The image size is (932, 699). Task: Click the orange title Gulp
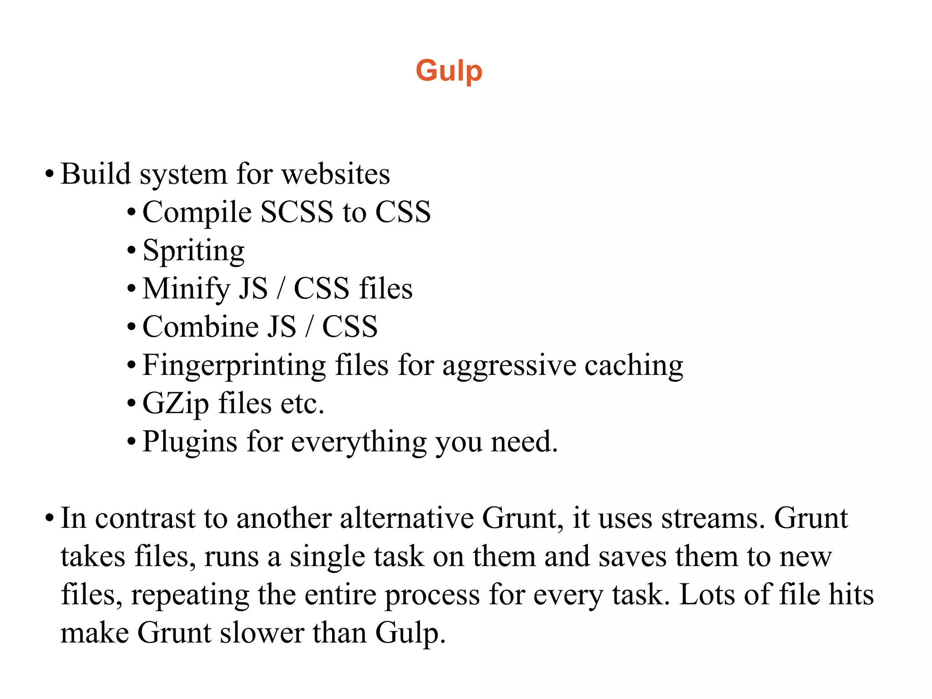(x=449, y=71)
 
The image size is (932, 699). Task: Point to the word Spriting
(x=193, y=251)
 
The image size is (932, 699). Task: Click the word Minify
(x=186, y=289)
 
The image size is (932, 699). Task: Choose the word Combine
(x=200, y=326)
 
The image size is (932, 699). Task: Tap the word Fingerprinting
(x=234, y=365)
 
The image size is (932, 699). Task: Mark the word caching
(x=633, y=365)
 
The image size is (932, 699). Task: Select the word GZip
(x=176, y=404)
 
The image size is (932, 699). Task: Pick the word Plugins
(x=190, y=442)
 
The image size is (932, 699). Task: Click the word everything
(x=359, y=442)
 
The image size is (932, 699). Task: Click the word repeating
(x=190, y=595)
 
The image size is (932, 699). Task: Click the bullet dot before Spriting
(x=132, y=250)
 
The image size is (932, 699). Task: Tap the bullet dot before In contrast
(x=50, y=518)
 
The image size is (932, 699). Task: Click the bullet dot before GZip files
(x=132, y=403)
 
